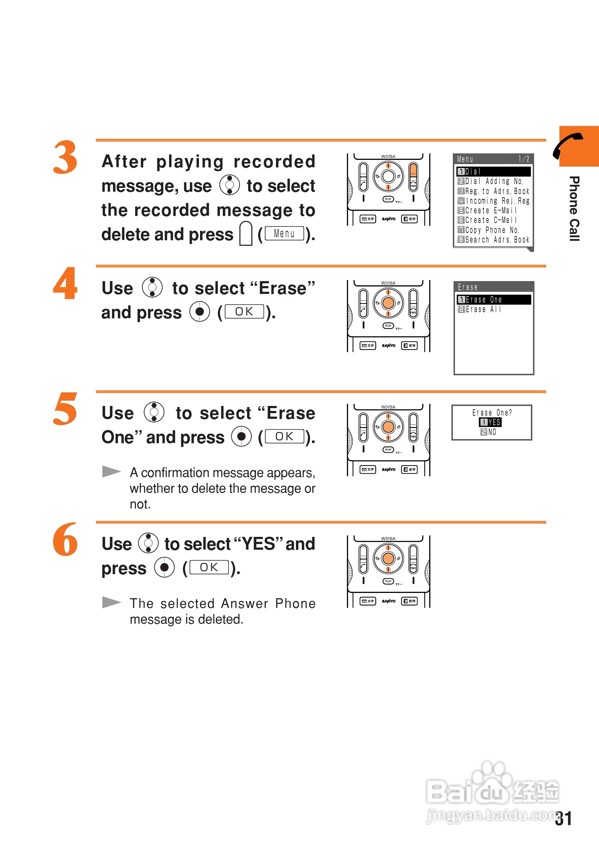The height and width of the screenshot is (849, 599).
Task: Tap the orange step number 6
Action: pyautogui.click(x=65, y=539)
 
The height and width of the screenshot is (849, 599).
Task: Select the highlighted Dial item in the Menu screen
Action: pyautogui.click(x=494, y=172)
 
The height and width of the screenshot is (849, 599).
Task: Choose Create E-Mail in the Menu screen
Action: pyautogui.click(x=487, y=210)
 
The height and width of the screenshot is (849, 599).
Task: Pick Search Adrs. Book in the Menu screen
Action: pyautogui.click(x=493, y=240)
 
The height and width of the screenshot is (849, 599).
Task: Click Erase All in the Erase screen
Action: pyautogui.click(x=480, y=309)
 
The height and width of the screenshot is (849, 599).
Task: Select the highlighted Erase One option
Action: pyautogui.click(x=494, y=300)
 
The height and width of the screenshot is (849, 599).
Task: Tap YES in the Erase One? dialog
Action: pyautogui.click(x=490, y=422)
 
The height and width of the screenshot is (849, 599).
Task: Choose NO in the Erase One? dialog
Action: pyautogui.click(x=488, y=432)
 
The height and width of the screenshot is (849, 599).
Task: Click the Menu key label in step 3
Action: pyautogui.click(x=284, y=233)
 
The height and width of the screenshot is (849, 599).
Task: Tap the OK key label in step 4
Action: pyautogui.click(x=244, y=311)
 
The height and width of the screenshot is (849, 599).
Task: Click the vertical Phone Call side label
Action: pyautogui.click(x=574, y=209)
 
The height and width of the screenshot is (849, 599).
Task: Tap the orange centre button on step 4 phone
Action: pyautogui.click(x=388, y=303)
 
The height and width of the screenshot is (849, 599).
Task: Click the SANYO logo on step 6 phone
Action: pyautogui.click(x=388, y=601)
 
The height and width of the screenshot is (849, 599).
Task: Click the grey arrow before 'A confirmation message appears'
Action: pyautogui.click(x=112, y=471)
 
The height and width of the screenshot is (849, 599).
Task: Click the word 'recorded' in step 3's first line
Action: pyautogui.click(x=275, y=162)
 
